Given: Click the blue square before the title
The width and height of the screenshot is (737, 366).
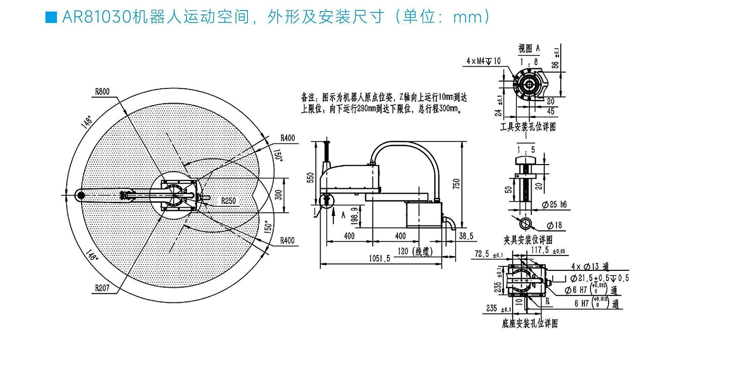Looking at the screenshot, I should [x=51, y=18].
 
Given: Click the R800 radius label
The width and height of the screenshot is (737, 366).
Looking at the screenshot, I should [x=102, y=91].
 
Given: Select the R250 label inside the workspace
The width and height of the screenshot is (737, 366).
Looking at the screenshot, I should [x=228, y=200].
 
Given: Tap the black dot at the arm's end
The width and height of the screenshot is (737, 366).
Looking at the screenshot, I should [x=81, y=196].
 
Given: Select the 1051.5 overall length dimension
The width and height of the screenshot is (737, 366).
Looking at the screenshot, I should [x=379, y=258].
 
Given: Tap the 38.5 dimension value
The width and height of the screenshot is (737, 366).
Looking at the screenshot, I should [x=466, y=236].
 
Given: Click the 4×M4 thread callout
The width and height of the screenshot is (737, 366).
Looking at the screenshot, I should [x=483, y=61].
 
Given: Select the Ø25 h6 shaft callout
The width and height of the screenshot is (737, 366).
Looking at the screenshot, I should [x=554, y=205].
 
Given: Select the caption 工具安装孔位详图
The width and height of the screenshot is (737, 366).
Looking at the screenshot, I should [x=528, y=127].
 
